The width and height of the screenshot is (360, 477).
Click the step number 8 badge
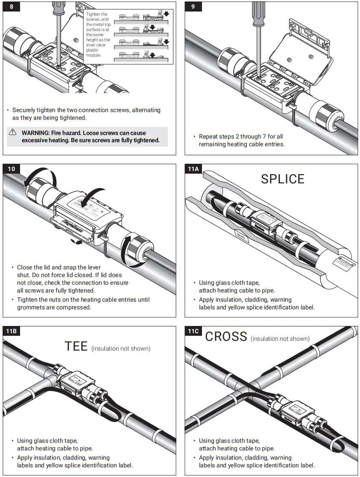(x=11, y=6)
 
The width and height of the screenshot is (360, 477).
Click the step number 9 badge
(x=193, y=6)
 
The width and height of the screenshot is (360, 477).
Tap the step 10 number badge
(x=12, y=169)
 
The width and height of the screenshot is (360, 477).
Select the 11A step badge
(x=193, y=169)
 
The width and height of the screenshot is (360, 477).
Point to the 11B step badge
(x=12, y=331)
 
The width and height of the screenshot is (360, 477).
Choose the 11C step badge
(x=193, y=331)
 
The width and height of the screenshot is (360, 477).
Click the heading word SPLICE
(x=282, y=179)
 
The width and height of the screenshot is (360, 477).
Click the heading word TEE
(x=76, y=346)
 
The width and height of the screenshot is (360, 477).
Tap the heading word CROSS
(x=226, y=336)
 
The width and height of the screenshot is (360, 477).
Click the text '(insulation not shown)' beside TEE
(x=121, y=349)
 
